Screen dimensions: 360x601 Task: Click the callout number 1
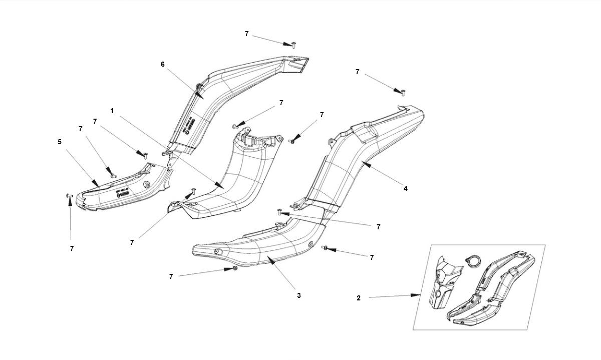tap(112, 111)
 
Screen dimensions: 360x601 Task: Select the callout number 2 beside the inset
tap(359, 298)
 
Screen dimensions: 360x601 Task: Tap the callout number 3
tap(298, 295)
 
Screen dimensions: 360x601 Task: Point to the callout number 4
tap(406, 189)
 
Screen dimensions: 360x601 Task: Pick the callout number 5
tap(60, 142)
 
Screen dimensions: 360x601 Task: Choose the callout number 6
tap(162, 64)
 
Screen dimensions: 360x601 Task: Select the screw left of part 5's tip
tap(69, 196)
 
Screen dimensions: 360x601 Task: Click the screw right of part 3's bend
tap(325, 248)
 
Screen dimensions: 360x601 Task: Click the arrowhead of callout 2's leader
tap(417, 295)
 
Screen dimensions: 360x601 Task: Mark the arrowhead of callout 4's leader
tap(364, 163)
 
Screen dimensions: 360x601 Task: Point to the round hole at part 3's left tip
tap(216, 251)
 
